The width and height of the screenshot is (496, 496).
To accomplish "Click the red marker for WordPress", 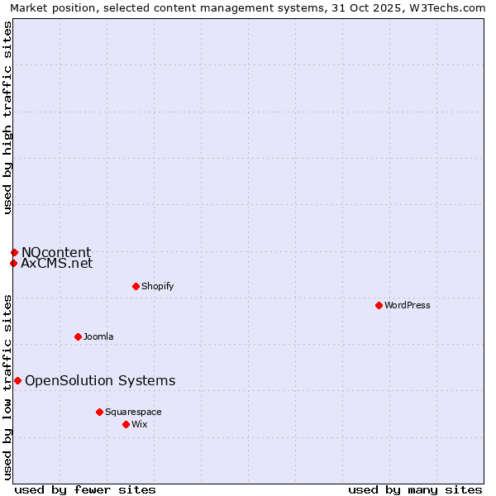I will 379,305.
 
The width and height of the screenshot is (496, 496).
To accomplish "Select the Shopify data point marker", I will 136,286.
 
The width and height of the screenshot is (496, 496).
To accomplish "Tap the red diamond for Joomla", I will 78,336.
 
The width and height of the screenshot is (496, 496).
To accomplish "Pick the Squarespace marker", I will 99,412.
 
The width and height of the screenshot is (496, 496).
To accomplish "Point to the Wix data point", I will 126,424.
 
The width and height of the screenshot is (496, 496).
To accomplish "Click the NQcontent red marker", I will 14,252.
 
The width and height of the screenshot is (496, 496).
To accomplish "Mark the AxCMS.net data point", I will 13,264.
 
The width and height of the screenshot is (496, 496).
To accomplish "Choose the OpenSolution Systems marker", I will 17,380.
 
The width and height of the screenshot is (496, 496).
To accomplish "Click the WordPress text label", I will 408,305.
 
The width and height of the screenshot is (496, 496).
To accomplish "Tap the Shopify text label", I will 157,286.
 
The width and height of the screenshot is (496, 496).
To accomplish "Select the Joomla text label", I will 98,336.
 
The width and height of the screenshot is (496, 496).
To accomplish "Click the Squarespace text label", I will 133,412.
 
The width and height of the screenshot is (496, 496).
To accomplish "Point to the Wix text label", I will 140,424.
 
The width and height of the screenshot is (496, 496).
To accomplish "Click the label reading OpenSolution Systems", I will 100,380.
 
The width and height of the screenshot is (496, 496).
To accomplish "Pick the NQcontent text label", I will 56,252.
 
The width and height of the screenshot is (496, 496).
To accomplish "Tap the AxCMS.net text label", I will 57,264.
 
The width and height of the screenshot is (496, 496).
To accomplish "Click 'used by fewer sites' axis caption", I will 85,489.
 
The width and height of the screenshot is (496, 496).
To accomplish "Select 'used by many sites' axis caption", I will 415,489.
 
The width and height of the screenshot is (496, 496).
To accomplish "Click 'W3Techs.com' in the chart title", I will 450,8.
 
